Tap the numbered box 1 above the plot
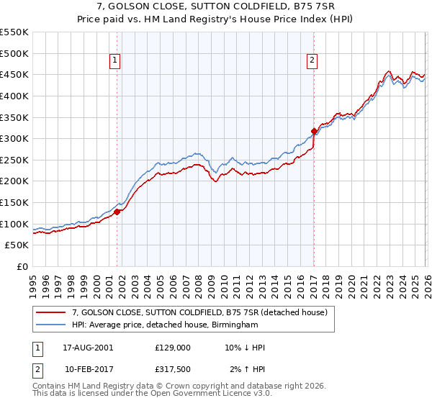[115, 61]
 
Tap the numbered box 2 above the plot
[312, 61]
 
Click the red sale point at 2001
[117, 212]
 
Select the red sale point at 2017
[314, 131]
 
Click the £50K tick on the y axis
[17, 245]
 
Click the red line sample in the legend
[51, 312]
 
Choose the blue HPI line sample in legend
[51, 325]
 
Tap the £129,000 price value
[172, 348]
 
